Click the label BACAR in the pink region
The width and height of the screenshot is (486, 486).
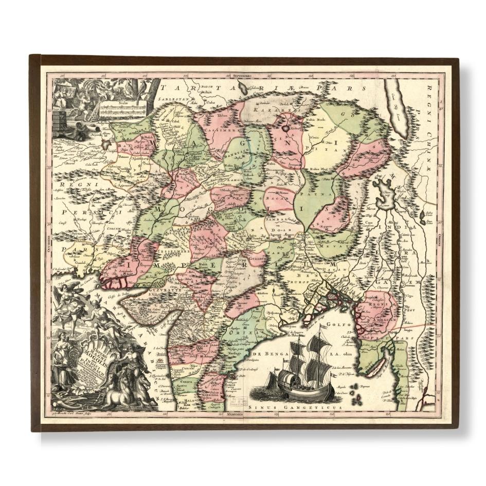pos(279,197)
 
